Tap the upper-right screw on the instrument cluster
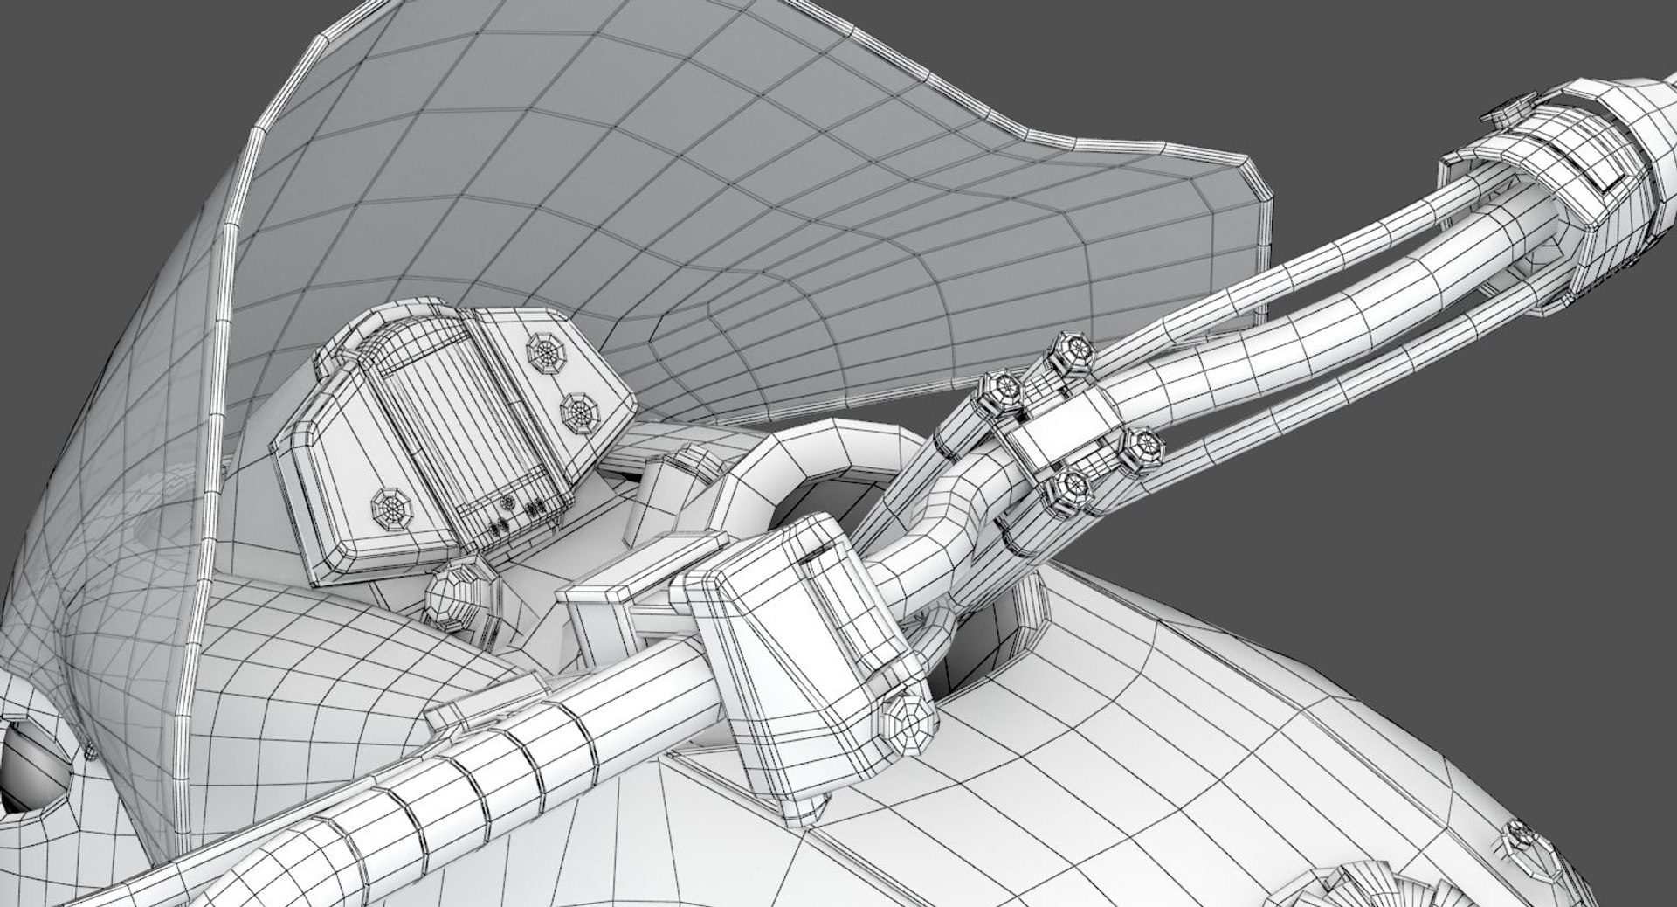pyautogui.click(x=545, y=351)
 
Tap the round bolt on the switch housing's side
pyautogui.click(x=907, y=717)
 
